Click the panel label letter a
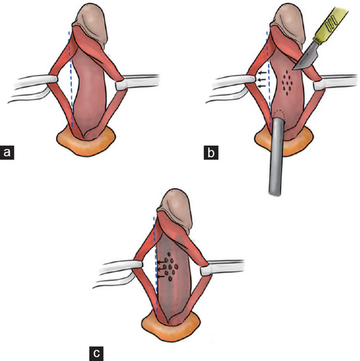[x=8, y=153]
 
